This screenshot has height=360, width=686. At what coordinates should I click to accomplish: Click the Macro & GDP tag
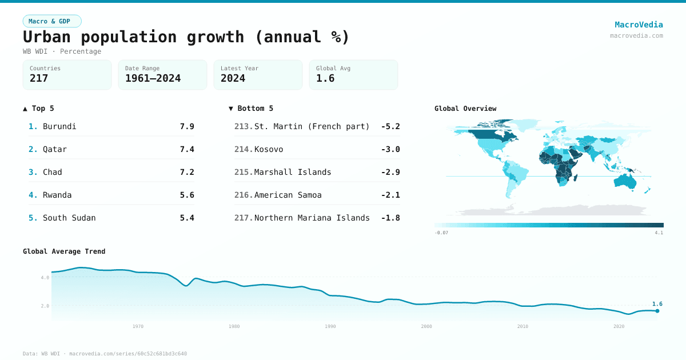(52, 21)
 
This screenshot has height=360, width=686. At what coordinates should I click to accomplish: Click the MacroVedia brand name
(639, 25)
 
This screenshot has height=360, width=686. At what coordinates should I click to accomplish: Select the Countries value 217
(39, 79)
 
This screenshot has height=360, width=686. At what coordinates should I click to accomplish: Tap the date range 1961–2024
(153, 79)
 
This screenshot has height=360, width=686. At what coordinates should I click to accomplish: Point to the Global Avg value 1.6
(325, 79)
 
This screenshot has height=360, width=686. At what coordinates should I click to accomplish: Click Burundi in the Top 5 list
(59, 126)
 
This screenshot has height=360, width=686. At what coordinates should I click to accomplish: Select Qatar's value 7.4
(187, 149)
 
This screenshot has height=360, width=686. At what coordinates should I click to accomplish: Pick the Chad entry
(53, 172)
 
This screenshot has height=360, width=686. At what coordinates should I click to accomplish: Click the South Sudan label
(69, 218)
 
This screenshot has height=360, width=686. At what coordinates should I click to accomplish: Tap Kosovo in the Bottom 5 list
(269, 149)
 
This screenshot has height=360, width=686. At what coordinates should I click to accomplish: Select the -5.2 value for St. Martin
(390, 126)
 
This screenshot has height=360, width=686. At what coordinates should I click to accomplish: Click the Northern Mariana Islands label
(312, 218)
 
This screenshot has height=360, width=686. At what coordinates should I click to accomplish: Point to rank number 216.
(243, 195)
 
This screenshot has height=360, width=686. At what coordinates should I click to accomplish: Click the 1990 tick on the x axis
(330, 326)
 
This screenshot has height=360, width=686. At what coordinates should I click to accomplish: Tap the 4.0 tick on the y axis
(45, 278)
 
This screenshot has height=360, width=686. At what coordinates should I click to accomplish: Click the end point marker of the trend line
(657, 311)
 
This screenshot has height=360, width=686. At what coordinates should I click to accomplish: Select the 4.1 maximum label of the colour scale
(659, 233)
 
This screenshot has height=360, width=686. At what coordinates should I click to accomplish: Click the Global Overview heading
(465, 109)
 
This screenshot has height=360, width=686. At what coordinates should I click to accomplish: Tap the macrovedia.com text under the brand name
(636, 35)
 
